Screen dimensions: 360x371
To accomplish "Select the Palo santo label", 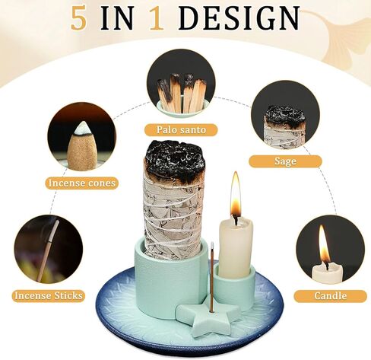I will (x=182, y=130).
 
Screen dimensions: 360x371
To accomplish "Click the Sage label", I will (x=284, y=161).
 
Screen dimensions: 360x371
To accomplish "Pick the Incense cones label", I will (x=81, y=183).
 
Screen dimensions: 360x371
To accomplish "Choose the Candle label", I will (x=330, y=295).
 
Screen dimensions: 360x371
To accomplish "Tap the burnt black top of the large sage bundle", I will (x=174, y=161).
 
